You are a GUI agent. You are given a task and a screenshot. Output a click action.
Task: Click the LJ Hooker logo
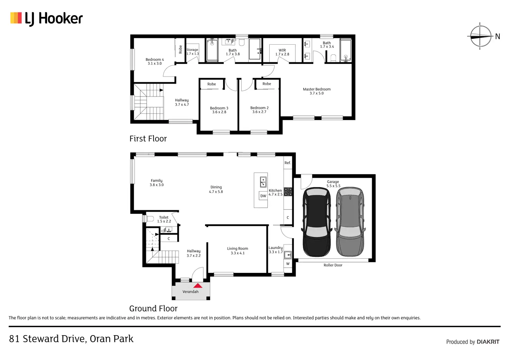click(x=46, y=19)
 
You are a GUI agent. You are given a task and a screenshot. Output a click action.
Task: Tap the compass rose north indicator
click(x=481, y=36)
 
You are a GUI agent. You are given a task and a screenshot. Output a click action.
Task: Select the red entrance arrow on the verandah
click(x=198, y=285)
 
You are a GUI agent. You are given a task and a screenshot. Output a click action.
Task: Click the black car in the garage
click(x=316, y=222)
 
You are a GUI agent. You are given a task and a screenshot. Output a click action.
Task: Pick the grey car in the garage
click(x=350, y=222)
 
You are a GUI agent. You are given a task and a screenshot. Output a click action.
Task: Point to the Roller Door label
click(x=333, y=265)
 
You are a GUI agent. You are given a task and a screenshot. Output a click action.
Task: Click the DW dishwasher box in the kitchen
click(x=263, y=196)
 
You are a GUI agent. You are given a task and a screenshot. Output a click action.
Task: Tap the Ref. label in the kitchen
click(x=287, y=163)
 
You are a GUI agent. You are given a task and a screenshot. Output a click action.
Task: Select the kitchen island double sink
click(x=263, y=182)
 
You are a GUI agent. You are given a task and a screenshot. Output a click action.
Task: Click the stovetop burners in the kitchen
click(x=288, y=192)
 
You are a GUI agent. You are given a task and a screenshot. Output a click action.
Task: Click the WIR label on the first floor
click(x=282, y=50)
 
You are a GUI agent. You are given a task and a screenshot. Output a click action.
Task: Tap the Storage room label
click(x=192, y=49)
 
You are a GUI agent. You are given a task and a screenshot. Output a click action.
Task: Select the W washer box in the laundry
click(x=288, y=264)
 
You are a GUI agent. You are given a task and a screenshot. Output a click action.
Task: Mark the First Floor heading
click(x=148, y=138)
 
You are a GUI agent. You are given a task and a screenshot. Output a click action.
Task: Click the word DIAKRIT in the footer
click(x=488, y=342)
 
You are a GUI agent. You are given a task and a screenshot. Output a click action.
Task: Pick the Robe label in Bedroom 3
click(x=212, y=84)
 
